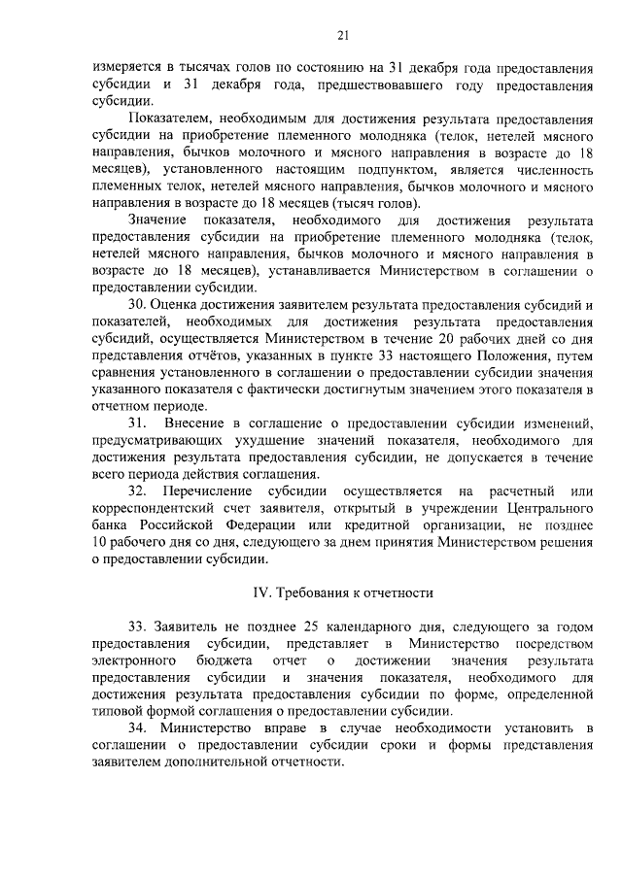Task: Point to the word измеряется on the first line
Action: pos(128,68)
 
